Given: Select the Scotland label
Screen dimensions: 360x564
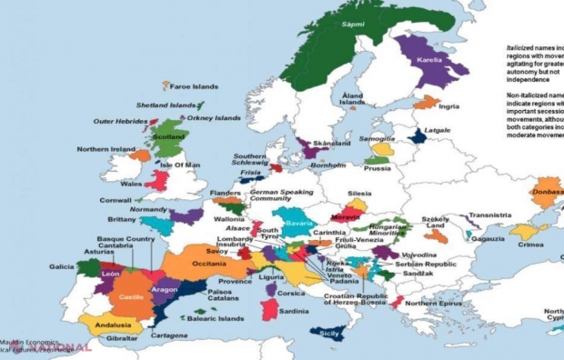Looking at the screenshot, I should click(168, 137).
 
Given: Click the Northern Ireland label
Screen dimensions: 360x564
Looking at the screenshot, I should click(106, 149).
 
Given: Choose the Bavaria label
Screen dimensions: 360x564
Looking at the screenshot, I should click(298, 223).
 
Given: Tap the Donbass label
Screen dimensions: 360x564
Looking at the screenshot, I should click(547, 192).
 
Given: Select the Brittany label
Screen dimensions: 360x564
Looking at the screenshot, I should click(122, 219).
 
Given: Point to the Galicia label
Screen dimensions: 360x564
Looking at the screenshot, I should click(62, 266).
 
